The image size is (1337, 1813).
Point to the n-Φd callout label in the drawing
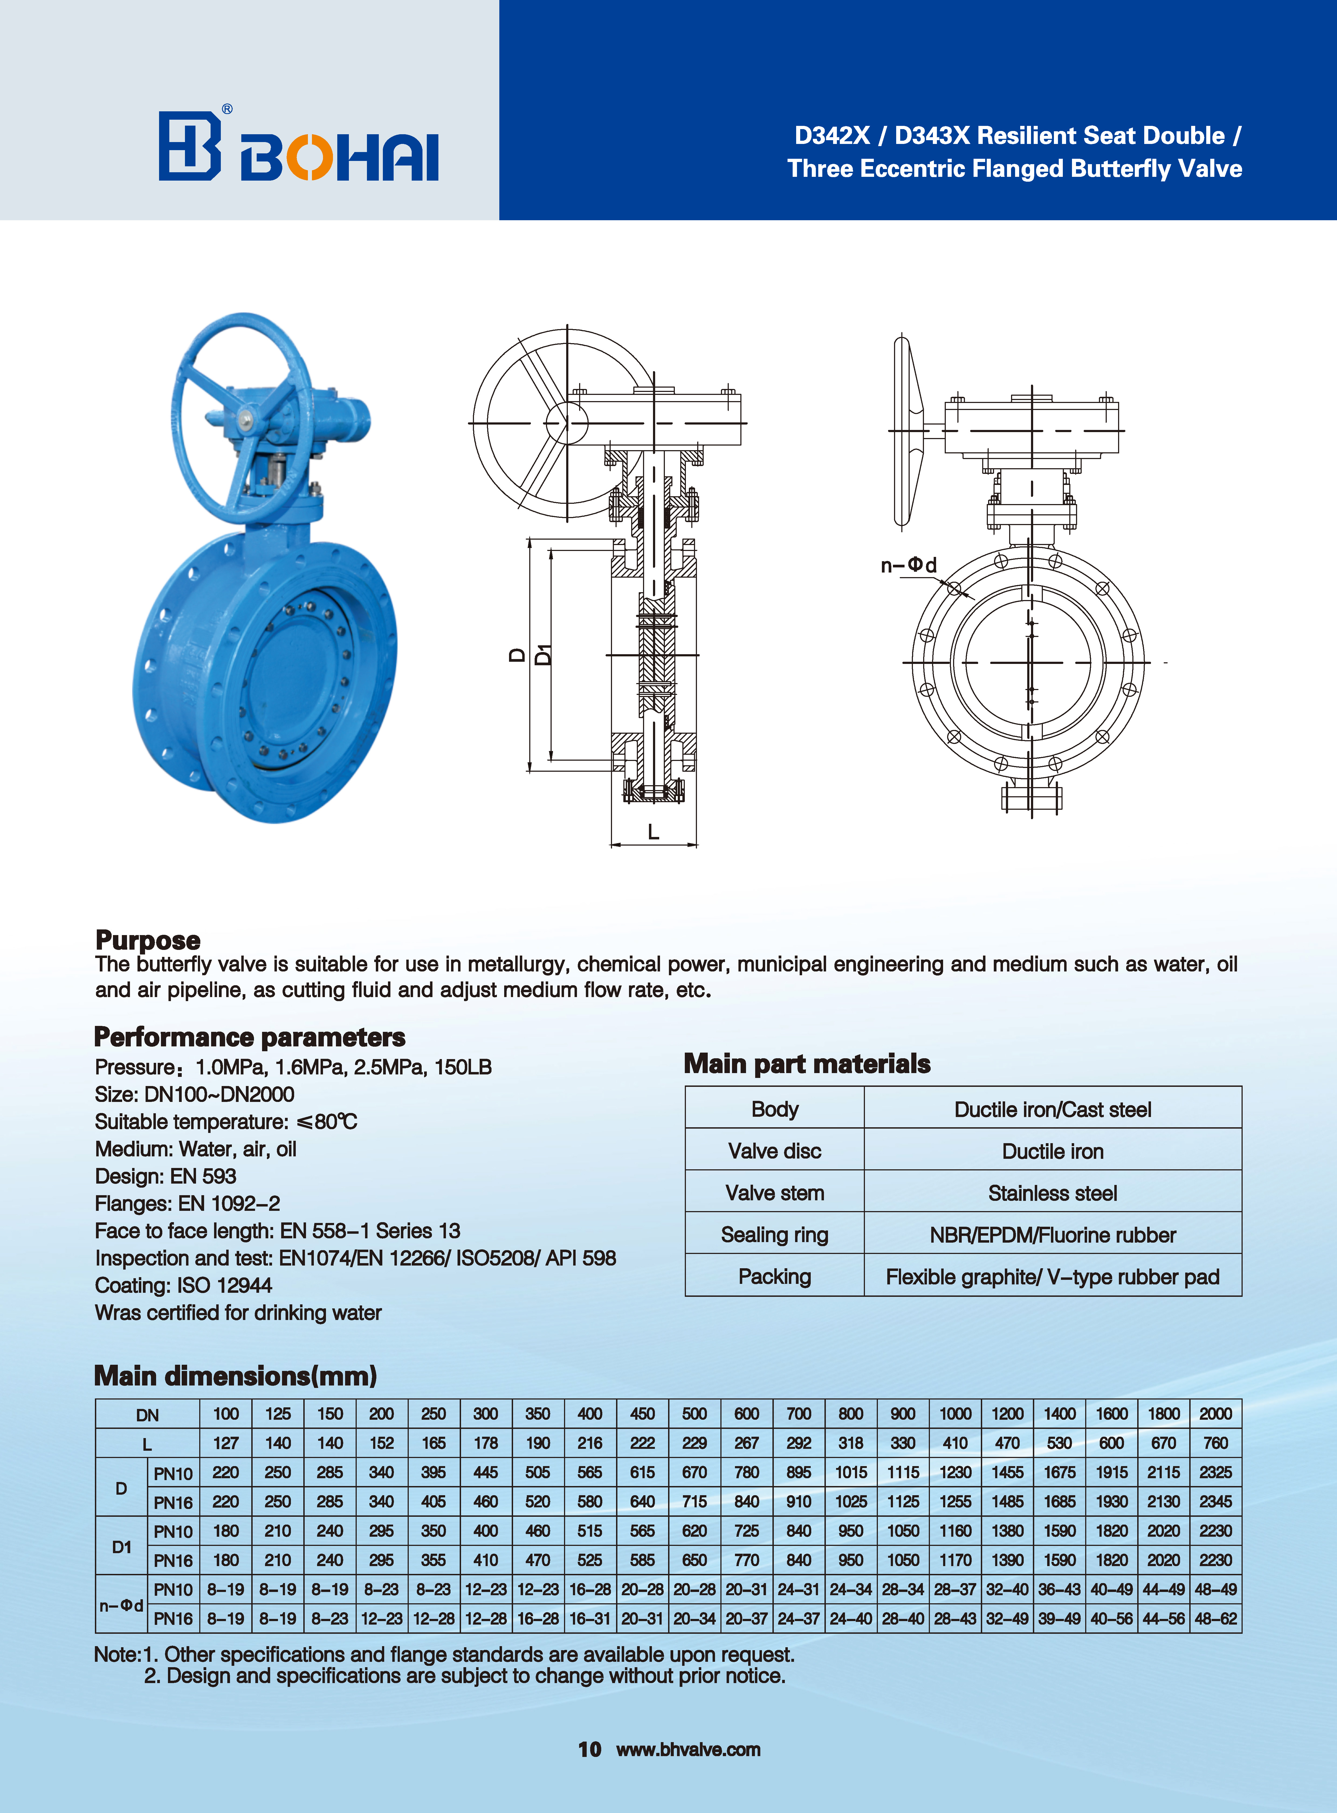tap(908, 565)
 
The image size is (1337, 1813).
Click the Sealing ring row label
tap(775, 1235)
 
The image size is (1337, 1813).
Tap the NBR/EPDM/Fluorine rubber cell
tap(1052, 1235)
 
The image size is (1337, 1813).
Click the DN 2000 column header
tap(1215, 1413)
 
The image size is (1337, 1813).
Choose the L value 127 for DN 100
tap(226, 1442)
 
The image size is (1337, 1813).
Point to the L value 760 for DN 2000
tap(1215, 1442)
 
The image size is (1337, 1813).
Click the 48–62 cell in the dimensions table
tap(1215, 1618)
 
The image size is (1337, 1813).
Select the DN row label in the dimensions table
tap(147, 1414)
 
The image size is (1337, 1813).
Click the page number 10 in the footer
tap(589, 1749)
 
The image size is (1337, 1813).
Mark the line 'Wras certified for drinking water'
tap(238, 1312)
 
